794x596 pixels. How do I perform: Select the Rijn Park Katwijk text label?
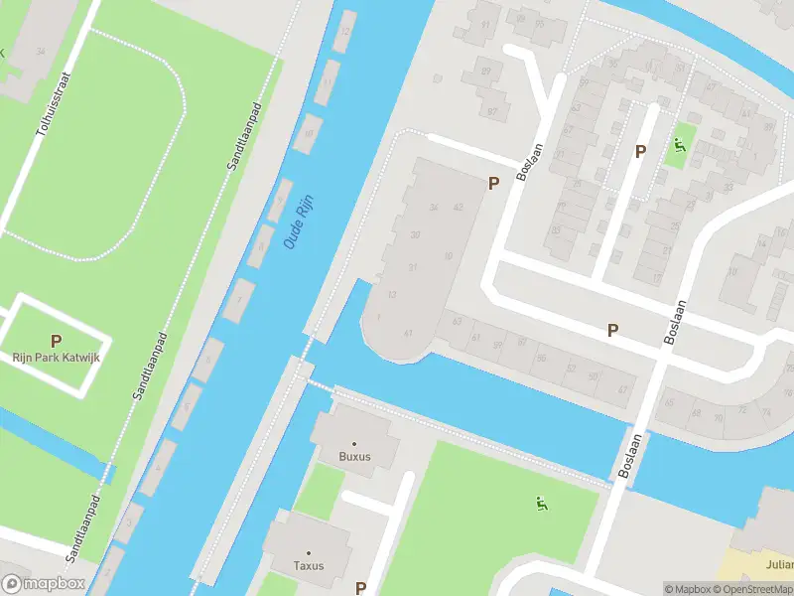tap(57, 357)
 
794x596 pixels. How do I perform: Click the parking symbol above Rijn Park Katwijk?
tap(57, 341)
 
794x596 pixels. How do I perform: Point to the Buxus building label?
tap(354, 457)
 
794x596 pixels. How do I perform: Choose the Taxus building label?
tap(309, 565)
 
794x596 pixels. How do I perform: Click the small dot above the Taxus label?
tap(309, 552)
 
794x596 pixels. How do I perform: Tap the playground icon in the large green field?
tap(541, 505)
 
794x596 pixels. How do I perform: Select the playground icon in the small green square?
tap(680, 147)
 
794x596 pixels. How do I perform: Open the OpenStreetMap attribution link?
tap(750, 589)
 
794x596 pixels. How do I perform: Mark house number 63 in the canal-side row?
tap(457, 322)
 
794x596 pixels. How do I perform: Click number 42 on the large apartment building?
tap(458, 207)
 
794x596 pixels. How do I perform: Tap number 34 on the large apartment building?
tap(433, 208)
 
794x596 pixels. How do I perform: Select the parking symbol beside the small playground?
tap(640, 152)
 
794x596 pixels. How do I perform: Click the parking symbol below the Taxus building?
tap(360, 588)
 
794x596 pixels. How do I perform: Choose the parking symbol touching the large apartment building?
tap(493, 183)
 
